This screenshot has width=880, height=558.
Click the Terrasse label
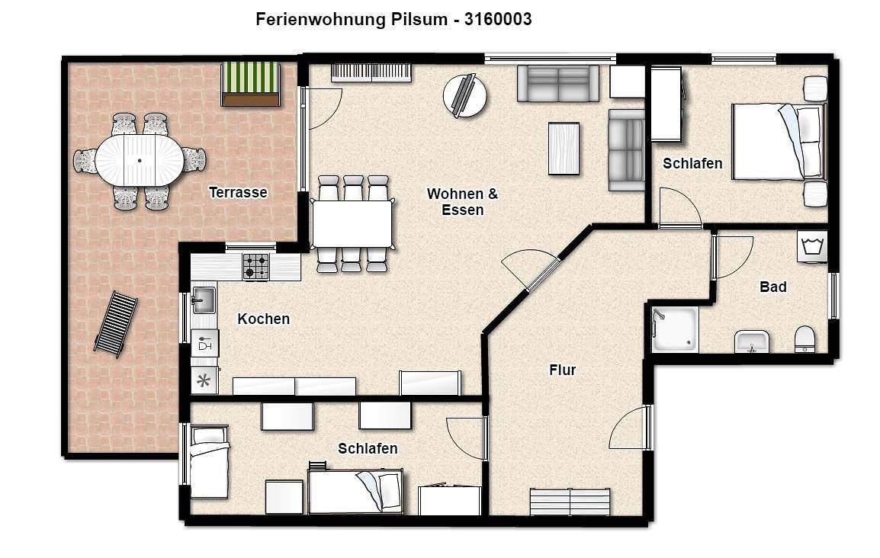click(x=238, y=193)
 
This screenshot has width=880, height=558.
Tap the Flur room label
click(x=562, y=370)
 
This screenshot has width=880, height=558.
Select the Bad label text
click(x=772, y=287)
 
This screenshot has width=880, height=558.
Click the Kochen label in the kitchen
click(x=263, y=319)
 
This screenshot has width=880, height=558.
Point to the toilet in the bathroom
click(x=805, y=338)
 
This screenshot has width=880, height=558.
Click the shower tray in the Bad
click(x=675, y=329)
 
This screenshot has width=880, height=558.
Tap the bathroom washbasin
click(x=751, y=342)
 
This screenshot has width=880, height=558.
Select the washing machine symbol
click(x=811, y=247)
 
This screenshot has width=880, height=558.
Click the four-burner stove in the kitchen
click(x=255, y=267)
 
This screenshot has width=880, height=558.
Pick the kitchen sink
click(x=203, y=300)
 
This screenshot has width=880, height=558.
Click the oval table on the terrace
click(x=139, y=160)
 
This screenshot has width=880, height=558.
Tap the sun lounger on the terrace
click(x=116, y=323)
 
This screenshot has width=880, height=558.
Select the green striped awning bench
click(x=249, y=83)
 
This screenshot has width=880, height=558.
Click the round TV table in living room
click(x=464, y=95)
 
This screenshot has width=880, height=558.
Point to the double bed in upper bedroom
click(x=777, y=141)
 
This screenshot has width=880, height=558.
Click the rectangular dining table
click(x=352, y=223)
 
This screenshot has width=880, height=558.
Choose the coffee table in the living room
click(x=564, y=148)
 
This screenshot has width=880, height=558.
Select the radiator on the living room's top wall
click(x=371, y=72)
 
